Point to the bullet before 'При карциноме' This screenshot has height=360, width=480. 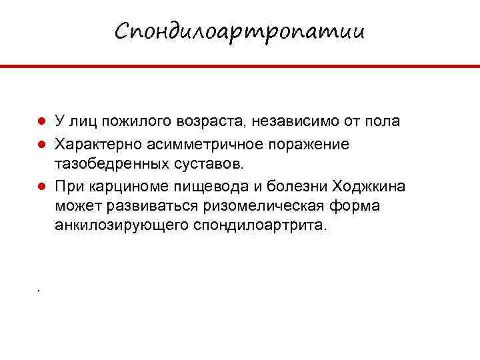coord(41,185)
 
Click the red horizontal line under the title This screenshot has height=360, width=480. coord(240,66)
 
